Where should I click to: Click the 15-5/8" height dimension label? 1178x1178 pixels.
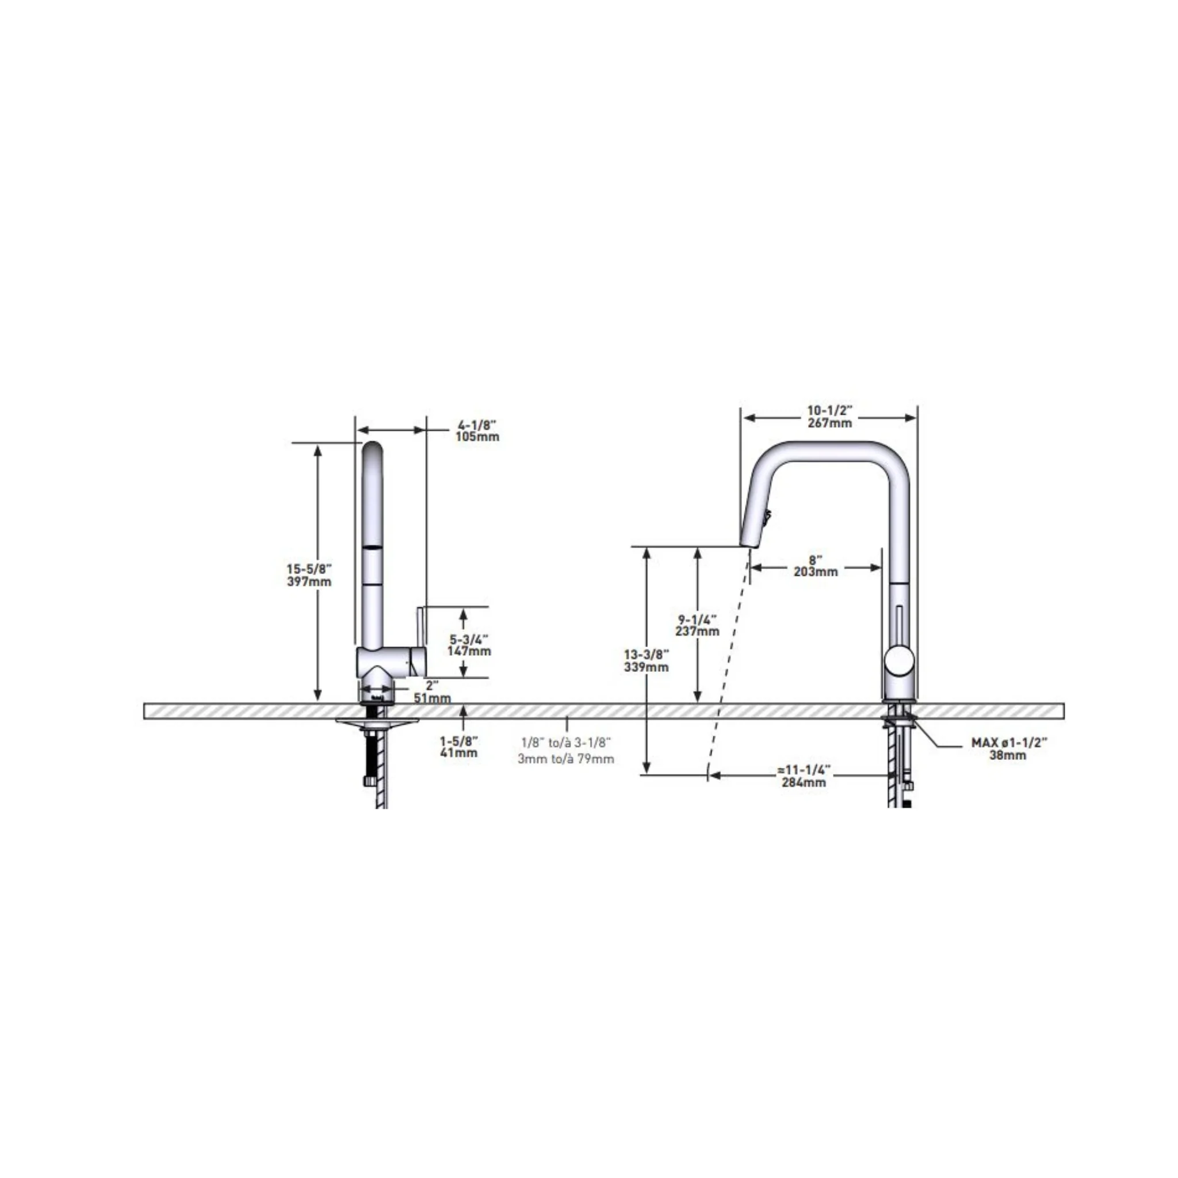point(309,569)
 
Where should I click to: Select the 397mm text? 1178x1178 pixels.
point(309,582)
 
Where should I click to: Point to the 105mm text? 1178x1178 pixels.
point(477,437)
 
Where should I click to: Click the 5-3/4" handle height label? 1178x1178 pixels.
point(469,639)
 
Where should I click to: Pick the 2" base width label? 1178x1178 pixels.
point(433,685)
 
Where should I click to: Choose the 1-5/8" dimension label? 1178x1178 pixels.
point(459,741)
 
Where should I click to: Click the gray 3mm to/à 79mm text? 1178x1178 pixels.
point(566,759)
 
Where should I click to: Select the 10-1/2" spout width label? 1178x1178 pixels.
point(830,410)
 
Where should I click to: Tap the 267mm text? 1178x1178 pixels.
point(830,423)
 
